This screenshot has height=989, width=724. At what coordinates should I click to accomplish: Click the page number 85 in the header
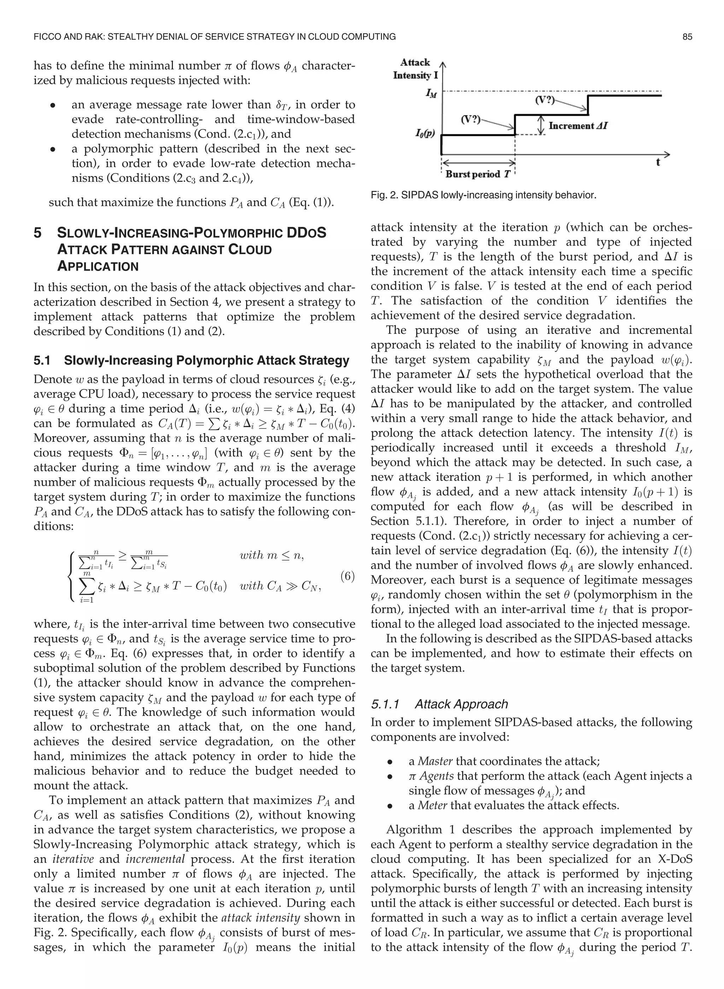(687, 37)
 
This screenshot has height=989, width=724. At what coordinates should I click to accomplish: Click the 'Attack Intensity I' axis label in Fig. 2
(415, 69)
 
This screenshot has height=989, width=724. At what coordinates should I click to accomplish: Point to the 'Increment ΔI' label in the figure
(578, 126)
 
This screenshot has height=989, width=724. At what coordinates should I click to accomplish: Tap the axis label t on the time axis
(658, 162)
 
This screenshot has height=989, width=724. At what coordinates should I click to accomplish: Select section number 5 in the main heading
(38, 233)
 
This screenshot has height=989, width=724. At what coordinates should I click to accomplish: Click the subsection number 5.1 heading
(42, 360)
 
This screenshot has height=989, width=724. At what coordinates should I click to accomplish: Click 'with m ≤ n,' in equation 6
(272, 555)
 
